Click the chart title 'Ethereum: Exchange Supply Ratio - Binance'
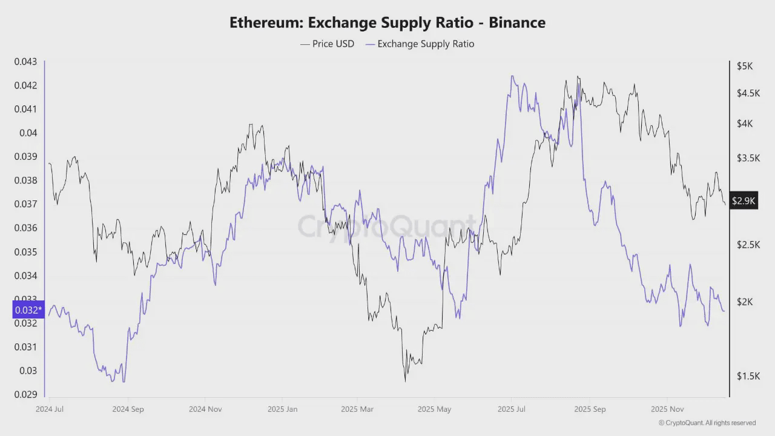387,22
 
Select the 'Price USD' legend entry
327,44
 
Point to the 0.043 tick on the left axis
25,62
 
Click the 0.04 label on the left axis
28,133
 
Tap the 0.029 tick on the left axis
25,394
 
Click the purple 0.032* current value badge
28,310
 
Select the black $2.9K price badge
744,200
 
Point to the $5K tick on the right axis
744,65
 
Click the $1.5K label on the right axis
747,376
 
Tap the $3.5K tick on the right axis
747,158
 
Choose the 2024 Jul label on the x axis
50,409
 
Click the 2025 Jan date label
283,409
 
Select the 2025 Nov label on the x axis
667,409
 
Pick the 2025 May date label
435,409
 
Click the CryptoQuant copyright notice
707,423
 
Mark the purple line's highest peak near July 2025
512,76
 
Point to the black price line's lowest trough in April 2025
405,381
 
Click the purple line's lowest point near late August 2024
113,381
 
